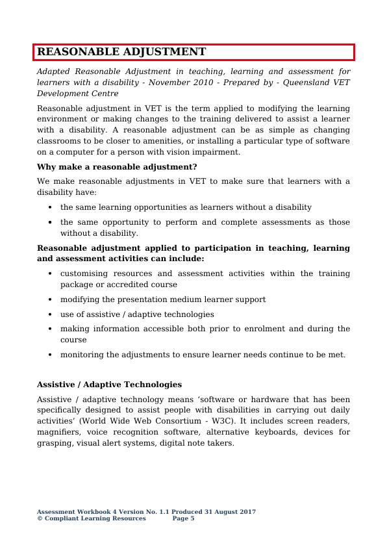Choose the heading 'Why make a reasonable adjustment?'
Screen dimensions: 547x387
click(x=117, y=167)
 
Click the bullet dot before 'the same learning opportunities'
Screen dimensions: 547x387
click(x=51, y=208)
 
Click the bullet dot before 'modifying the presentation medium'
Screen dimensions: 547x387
click(x=51, y=300)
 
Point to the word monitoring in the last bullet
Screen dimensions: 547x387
click(x=82, y=355)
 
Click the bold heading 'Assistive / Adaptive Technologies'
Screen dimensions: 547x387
click(x=109, y=384)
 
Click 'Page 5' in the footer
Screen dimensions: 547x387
click(x=184, y=518)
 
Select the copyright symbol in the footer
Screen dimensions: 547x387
click(x=40, y=518)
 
